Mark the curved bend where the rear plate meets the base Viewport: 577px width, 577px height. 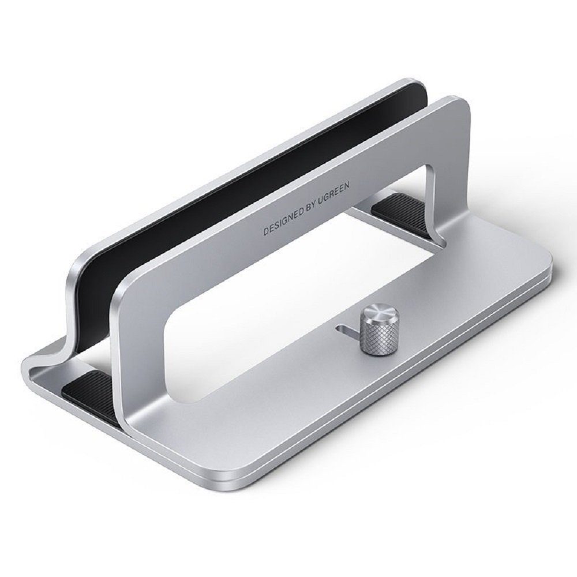[x=63, y=346]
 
